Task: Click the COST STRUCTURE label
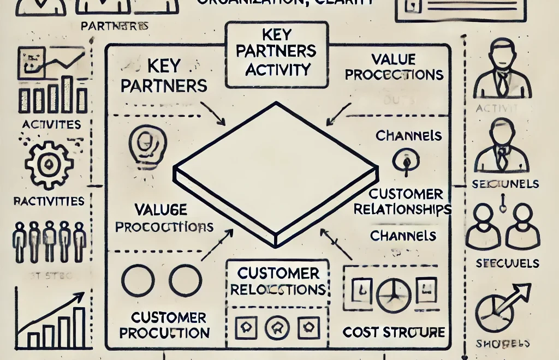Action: (394, 332)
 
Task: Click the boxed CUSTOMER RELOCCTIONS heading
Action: (278, 280)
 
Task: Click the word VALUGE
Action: (160, 209)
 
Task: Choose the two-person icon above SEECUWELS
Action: (500, 226)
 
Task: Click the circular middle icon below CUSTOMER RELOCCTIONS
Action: (277, 328)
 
